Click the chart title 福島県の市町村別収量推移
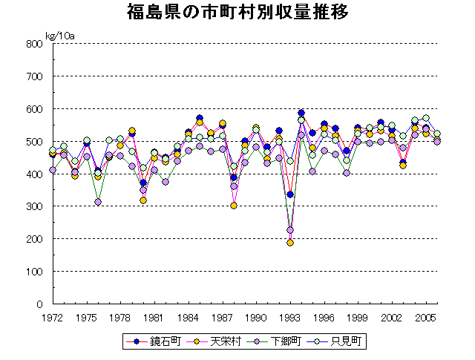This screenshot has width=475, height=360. coord(237,14)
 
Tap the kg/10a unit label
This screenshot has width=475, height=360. coord(61,35)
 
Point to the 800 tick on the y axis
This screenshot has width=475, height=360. coord(34,44)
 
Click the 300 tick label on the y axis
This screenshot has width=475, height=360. coord(34,206)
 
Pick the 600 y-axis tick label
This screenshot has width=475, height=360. coord(34,109)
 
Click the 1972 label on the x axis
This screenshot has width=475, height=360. coord(52,317)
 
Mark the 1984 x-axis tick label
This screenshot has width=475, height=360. coord(189,317)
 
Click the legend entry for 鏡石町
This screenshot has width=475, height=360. coord(156,341)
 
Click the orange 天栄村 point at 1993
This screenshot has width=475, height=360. coord(290,243)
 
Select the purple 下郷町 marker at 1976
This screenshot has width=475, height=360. coord(98,202)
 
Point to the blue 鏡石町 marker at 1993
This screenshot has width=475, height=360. coord(290,194)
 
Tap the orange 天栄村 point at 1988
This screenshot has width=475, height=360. coord(234,206)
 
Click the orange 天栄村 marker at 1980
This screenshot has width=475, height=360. coord(143,200)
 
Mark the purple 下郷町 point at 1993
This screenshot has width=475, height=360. coord(290,230)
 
